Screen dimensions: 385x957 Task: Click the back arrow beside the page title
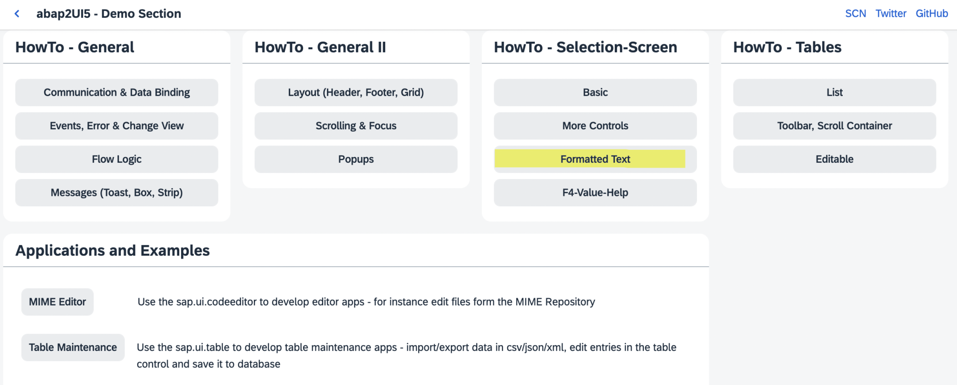coord(17,13)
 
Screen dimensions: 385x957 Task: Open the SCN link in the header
coord(855,13)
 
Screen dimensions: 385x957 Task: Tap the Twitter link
coord(891,13)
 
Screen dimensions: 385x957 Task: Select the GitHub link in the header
coord(931,13)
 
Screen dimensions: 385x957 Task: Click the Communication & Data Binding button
coord(117,92)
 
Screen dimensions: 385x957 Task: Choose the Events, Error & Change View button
coord(117,126)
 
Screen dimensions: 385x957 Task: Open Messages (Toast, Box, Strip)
coord(117,192)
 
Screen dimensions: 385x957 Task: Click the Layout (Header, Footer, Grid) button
coord(356,92)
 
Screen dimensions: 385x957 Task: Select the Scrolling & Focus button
coord(356,126)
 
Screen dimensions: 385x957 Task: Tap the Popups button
coord(356,159)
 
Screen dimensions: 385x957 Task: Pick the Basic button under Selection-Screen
coord(595,92)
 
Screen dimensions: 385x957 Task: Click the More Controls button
coord(595,126)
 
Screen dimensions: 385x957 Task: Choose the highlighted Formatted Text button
coord(595,159)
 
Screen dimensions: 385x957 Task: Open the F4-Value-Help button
coord(595,192)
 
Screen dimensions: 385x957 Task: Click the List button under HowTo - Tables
coord(834,92)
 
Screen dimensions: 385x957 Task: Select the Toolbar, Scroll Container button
coord(834,126)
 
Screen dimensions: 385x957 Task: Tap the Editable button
coord(834,159)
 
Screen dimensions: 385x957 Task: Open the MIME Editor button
coord(57,302)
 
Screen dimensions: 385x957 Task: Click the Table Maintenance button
coord(73,347)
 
